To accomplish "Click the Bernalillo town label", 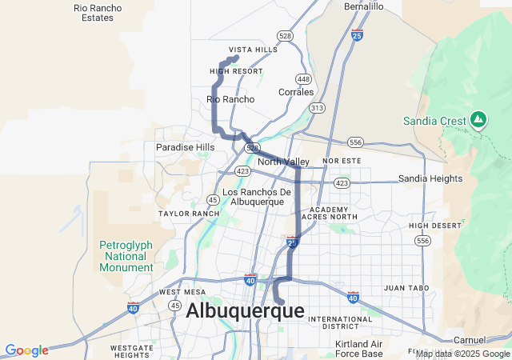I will (364, 6).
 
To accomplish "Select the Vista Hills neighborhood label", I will (253, 50).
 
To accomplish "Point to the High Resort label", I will (236, 71).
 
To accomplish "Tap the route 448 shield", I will (303, 78).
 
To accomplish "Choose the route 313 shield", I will (318, 107).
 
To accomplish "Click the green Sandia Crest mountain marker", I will (478, 120).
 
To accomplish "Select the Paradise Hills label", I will (185, 147).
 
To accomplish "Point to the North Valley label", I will (283, 162).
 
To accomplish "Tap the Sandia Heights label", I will (430, 178).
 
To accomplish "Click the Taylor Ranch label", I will (189, 214).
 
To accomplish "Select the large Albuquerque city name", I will (245, 311).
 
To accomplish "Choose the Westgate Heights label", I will (132, 351).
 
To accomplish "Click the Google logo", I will (26, 350).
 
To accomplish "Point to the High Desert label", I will (435, 226).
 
